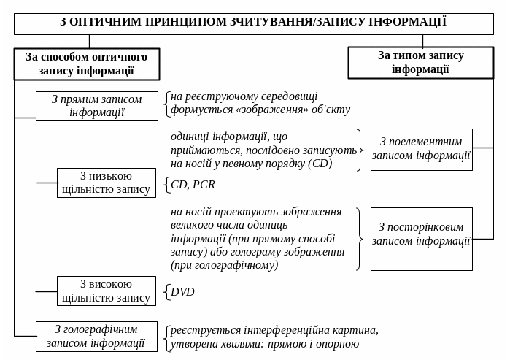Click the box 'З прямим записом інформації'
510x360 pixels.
(x=97, y=106)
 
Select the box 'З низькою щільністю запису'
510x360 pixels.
(x=107, y=183)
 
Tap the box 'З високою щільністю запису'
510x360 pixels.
(x=107, y=291)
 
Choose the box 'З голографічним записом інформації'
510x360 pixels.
(x=96, y=336)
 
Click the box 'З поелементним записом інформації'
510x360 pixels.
(x=421, y=149)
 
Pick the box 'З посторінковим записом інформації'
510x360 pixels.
(x=421, y=234)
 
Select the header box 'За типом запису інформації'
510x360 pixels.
(x=420, y=62)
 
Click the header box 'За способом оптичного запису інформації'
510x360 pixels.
(x=86, y=64)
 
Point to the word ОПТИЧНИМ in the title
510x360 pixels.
(x=105, y=22)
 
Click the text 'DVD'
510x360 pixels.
(x=182, y=292)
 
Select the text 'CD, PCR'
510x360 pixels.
(x=193, y=185)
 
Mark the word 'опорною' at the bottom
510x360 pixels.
(x=338, y=344)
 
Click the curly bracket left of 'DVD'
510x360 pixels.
(x=167, y=292)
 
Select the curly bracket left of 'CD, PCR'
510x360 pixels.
(x=167, y=185)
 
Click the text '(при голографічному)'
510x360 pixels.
(x=225, y=265)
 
